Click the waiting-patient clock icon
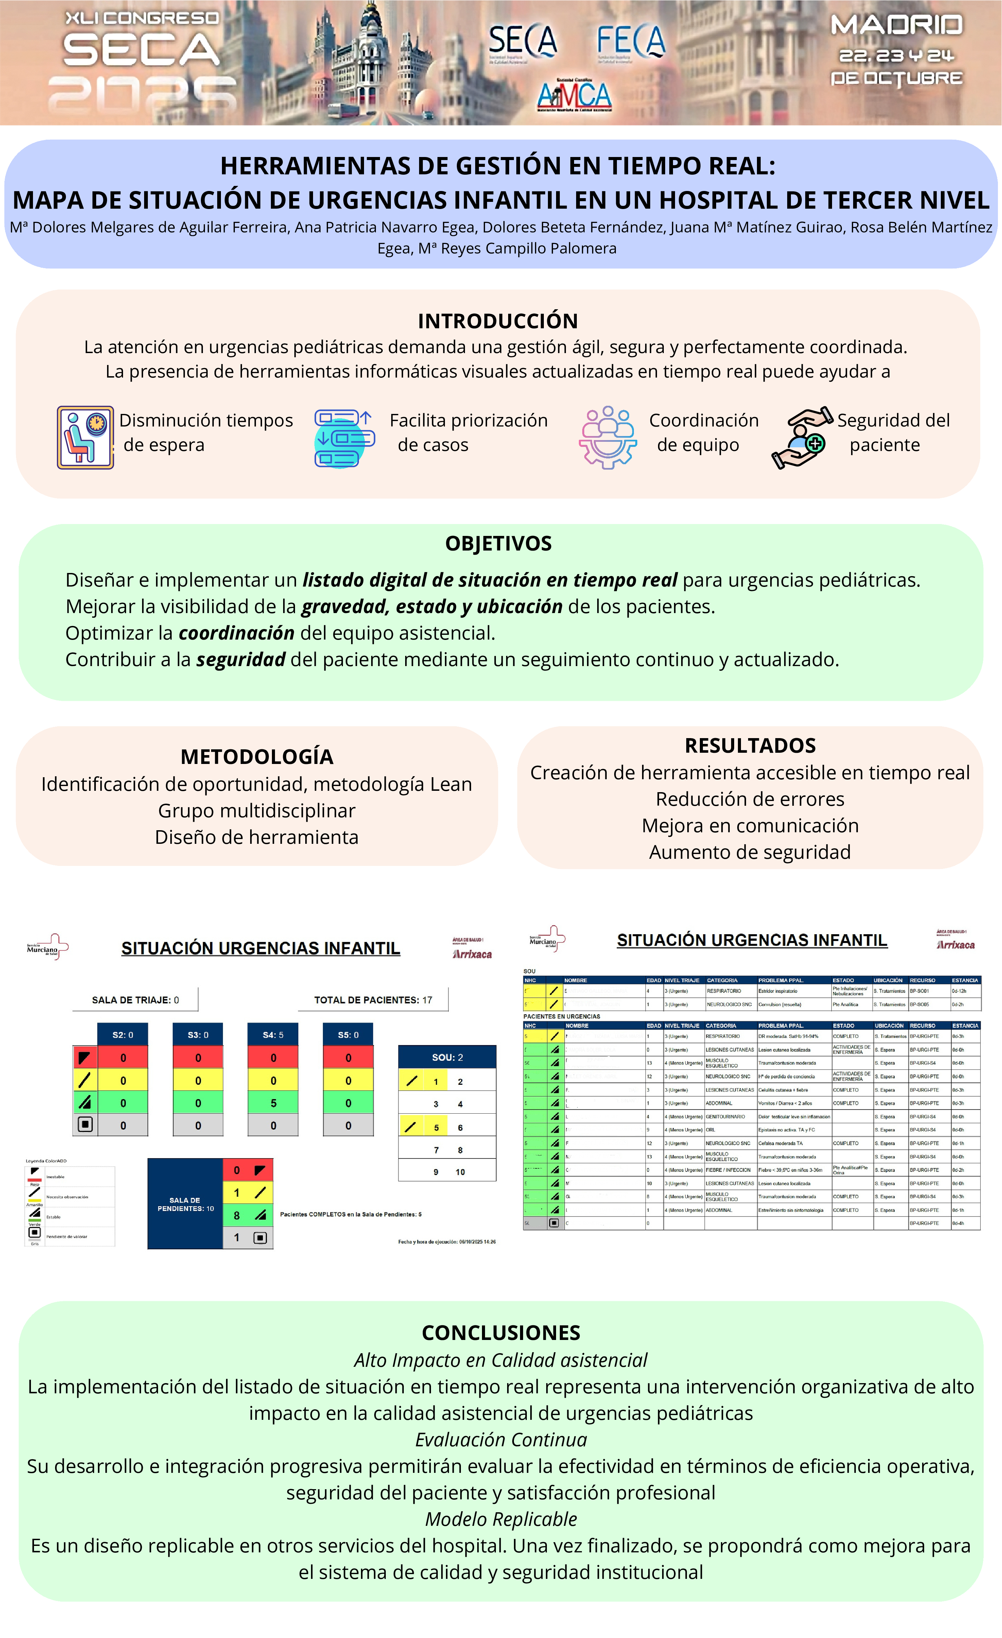tap(85, 437)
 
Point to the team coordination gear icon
tap(608, 437)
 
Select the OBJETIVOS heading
tap(498, 543)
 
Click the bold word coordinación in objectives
tap(237, 633)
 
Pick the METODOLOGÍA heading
tap(257, 756)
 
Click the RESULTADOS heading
tap(750, 745)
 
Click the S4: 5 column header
tap(273, 1034)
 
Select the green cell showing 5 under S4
tap(273, 1103)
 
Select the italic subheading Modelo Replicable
tap(501, 1519)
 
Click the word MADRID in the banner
tap(896, 25)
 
